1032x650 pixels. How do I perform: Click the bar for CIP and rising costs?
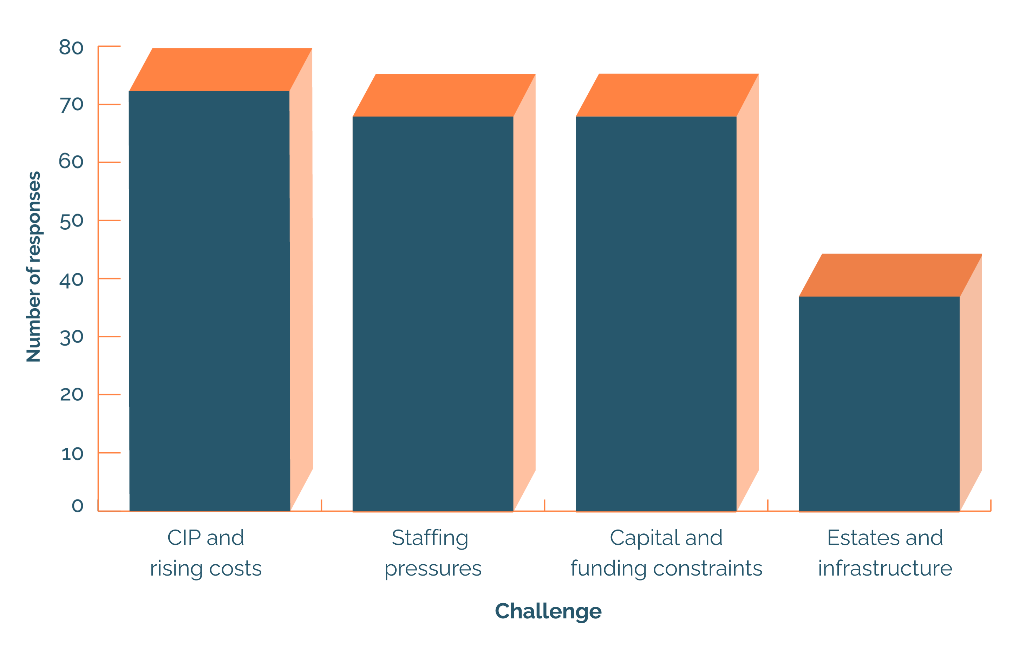209,300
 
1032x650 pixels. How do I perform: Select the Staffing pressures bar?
433,313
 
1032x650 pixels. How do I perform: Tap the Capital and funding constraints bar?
656,313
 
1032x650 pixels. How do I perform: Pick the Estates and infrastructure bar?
879,403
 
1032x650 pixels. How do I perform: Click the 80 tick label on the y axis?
71,47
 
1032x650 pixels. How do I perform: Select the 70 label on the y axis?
71,105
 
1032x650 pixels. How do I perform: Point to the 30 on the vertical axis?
71,337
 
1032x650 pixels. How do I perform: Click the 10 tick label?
72,454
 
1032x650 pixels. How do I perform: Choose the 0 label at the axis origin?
78,506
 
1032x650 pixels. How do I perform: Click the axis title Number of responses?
33,267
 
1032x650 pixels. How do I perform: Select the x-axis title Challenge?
548,611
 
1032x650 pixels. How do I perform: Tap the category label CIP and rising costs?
206,553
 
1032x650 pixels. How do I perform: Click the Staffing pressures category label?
432,553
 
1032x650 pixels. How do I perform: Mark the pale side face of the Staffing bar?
524,291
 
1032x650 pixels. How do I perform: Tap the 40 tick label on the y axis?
71,280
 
